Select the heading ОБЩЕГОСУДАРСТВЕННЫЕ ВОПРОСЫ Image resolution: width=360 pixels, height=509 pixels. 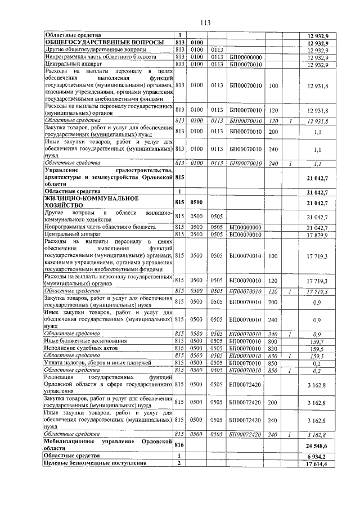104,42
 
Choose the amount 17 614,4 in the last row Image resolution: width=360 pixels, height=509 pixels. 317,463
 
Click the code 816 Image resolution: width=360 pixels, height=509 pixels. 179,444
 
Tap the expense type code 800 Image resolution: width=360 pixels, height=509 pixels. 273,341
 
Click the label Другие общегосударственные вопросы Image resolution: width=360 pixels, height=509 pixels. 91,49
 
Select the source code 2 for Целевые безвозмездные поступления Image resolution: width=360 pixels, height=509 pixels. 179,463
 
